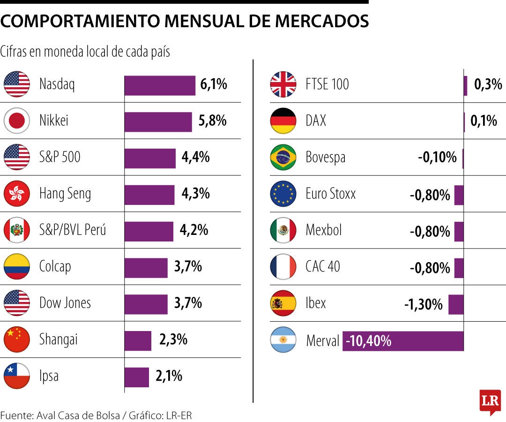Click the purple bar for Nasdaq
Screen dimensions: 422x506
(159, 85)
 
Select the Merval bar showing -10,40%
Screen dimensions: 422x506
(403, 341)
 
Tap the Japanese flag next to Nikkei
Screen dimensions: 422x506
(17, 121)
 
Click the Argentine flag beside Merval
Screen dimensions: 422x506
(283, 340)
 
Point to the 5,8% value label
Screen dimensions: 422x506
(213, 121)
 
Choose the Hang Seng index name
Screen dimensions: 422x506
(65, 194)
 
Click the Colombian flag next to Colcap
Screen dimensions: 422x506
(17, 266)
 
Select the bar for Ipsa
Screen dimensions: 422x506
(136, 377)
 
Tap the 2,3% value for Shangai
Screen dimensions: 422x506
(173, 339)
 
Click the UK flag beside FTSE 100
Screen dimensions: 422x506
(283, 84)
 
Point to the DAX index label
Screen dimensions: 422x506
(316, 121)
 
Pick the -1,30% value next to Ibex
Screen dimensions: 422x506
(424, 305)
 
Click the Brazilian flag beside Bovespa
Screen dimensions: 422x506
(283, 158)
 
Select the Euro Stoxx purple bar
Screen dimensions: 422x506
(459, 195)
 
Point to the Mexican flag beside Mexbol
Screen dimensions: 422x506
(283, 230)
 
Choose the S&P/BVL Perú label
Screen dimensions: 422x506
(73, 230)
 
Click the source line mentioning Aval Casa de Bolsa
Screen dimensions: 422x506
(96, 415)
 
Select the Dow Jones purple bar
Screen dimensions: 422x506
(146, 304)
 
